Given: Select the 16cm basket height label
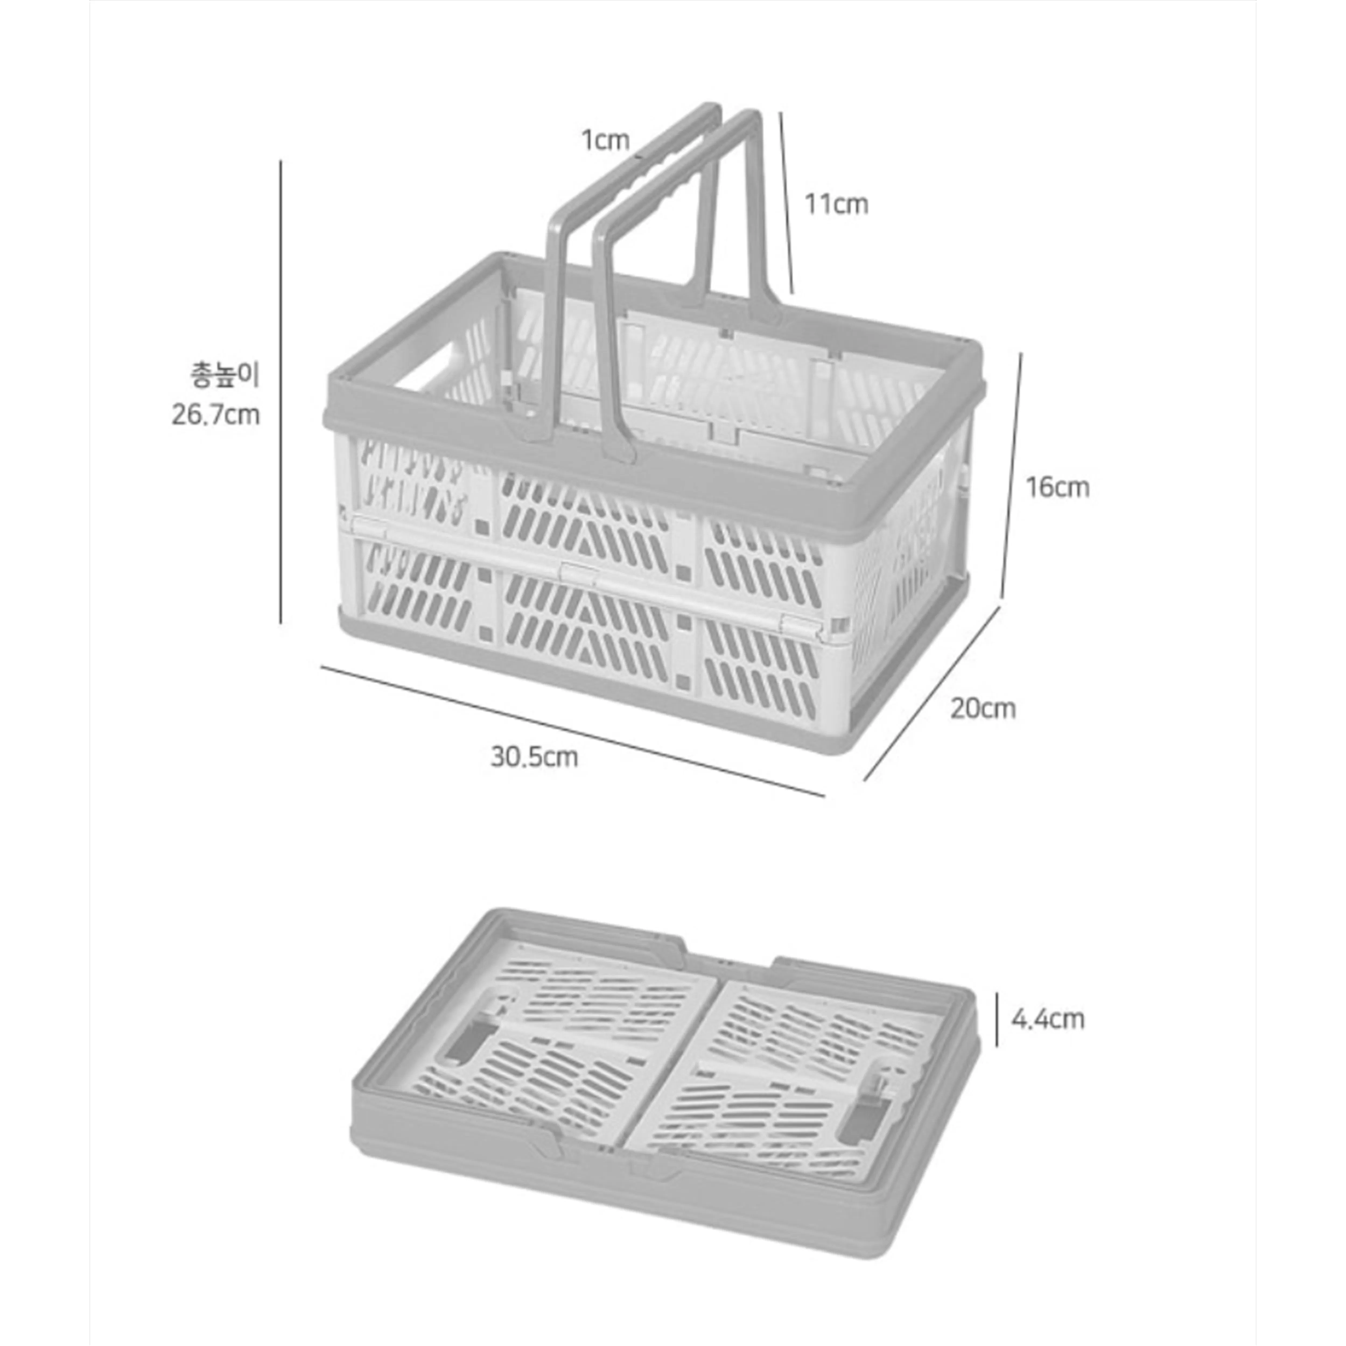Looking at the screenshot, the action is click(1057, 487).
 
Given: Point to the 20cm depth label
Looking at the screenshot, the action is click(983, 709).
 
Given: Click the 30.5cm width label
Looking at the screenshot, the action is click(534, 757).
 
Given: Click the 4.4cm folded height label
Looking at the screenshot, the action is click(1048, 1019).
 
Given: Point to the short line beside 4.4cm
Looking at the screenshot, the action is click(997, 1019).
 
